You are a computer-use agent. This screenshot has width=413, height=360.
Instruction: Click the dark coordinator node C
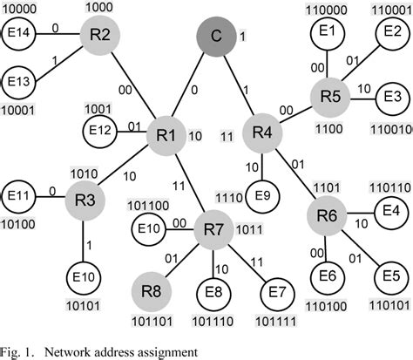215,38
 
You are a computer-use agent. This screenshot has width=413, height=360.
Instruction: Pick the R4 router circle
262,133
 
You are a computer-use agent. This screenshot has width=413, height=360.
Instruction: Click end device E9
262,194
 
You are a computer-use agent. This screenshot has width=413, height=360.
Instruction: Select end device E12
99,132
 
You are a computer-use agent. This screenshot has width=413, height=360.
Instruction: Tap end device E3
393,95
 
